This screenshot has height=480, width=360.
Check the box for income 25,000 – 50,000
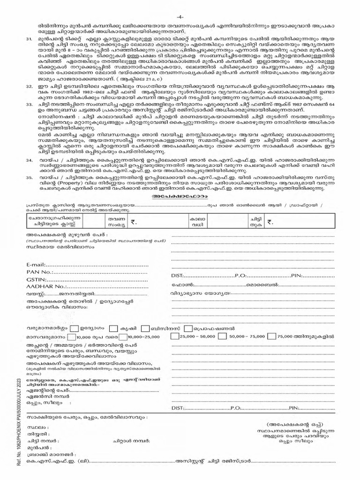(174, 337)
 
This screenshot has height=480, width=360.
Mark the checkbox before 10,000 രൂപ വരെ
(71, 337)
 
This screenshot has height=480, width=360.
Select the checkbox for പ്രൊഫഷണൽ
(188, 328)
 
